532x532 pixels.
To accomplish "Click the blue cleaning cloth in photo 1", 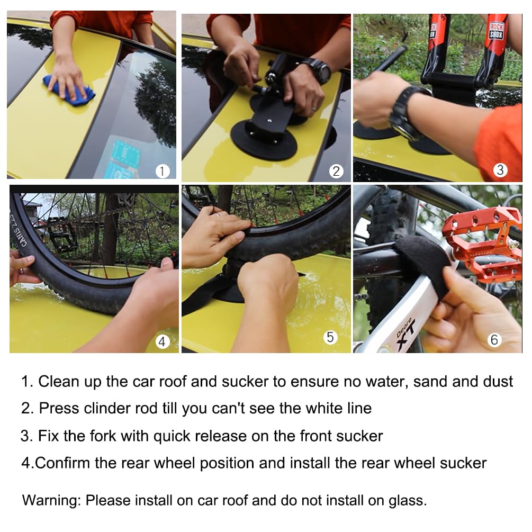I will pos(69,90).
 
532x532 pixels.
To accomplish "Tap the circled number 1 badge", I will pos(163,171).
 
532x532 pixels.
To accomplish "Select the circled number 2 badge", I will pos(336,171).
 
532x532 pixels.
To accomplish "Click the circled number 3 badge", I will pos(500,170).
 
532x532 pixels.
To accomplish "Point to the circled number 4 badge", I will pos(163,342).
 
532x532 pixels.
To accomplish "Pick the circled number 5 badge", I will pos(331,337).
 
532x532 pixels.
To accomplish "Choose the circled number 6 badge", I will pos(494,339).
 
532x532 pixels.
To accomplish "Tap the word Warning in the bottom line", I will pos(51,500).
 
